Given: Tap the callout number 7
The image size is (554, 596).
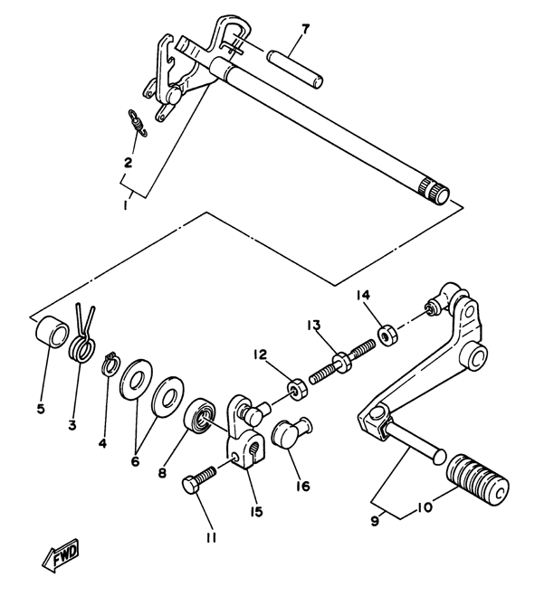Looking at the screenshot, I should (x=305, y=29).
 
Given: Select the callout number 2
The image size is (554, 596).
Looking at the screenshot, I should (x=129, y=163).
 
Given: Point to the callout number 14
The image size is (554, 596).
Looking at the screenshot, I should (x=363, y=295).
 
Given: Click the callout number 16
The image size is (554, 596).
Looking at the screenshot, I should (x=301, y=486).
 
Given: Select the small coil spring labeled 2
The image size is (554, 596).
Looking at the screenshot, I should (x=135, y=121).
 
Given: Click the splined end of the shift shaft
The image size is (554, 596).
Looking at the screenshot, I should (x=437, y=193).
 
